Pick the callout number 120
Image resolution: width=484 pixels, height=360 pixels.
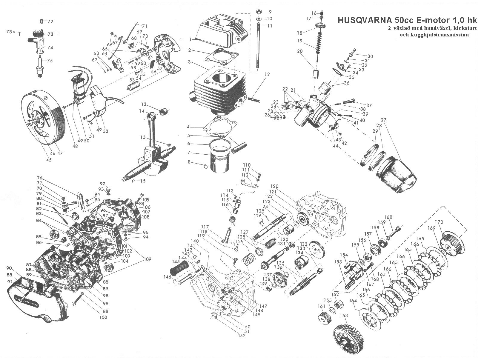tap(274, 186)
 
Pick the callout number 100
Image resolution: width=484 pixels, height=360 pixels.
tap(103, 317)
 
